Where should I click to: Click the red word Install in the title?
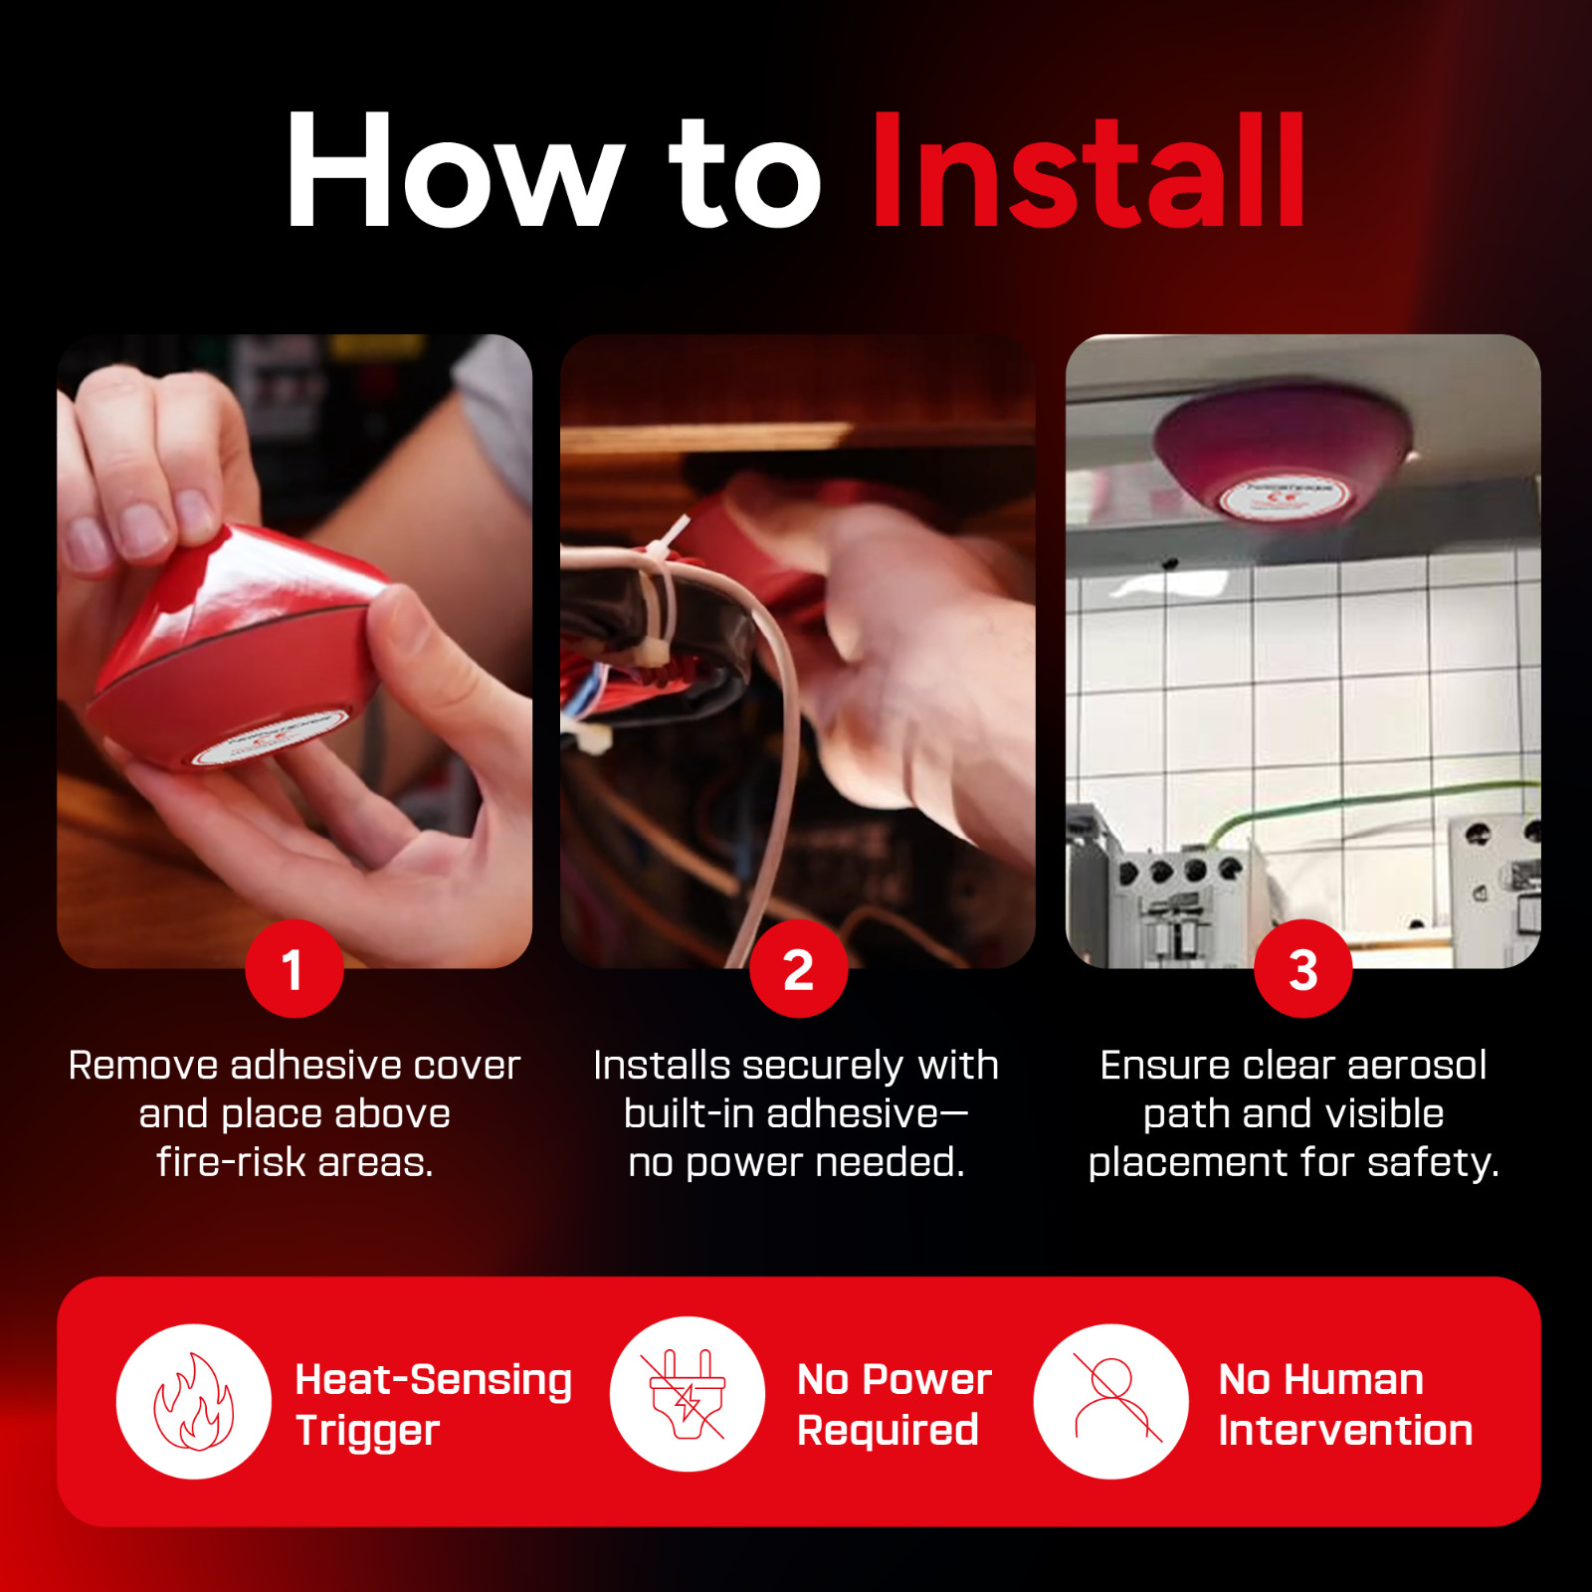tap(1088, 170)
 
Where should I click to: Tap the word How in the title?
tap(456, 170)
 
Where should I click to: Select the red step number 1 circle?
tap(295, 968)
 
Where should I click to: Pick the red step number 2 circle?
tap(799, 968)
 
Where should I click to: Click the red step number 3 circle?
tap(1303, 968)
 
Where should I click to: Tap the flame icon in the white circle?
tap(194, 1401)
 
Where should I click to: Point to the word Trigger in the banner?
tap(367, 1432)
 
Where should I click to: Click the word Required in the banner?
tap(888, 1432)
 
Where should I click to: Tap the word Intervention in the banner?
tap(1345, 1431)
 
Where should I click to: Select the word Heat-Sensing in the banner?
tap(434, 1380)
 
